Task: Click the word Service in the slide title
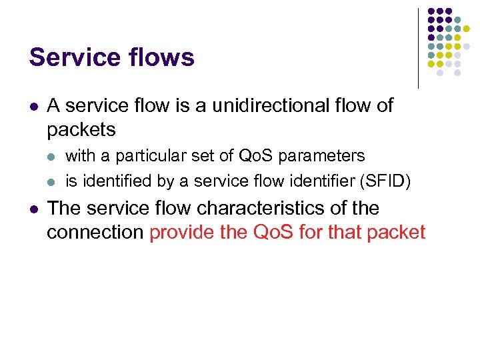(71, 57)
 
